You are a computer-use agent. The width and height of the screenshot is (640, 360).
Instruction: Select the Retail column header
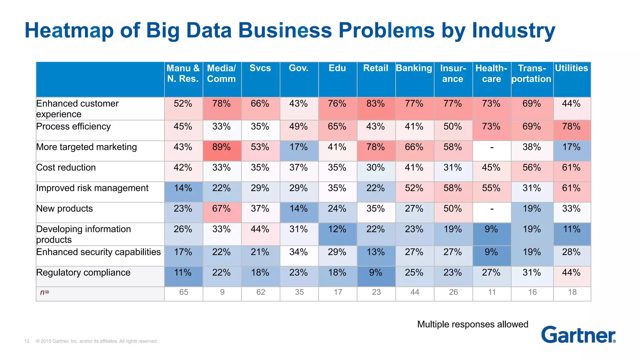pyautogui.click(x=376, y=68)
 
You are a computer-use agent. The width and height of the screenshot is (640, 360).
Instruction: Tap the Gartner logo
pyautogui.click(x=578, y=335)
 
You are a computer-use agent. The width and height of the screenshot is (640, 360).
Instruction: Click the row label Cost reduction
pyautogui.click(x=66, y=167)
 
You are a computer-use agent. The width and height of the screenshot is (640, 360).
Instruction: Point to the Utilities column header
pyautogui.click(x=571, y=68)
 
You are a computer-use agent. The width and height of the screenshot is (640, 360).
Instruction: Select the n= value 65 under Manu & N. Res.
pyautogui.click(x=184, y=292)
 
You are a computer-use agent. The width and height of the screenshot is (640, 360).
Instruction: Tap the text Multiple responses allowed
pyautogui.click(x=472, y=324)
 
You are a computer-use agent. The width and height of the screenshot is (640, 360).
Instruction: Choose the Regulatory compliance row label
pyautogui.click(x=83, y=272)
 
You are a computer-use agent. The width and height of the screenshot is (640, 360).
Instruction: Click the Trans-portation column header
pyautogui.click(x=532, y=73)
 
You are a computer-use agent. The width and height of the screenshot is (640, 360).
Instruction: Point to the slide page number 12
pyautogui.click(x=27, y=341)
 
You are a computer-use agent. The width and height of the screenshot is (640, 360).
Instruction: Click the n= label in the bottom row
pyautogui.click(x=45, y=292)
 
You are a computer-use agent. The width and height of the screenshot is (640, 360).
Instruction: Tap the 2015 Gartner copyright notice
pyautogui.click(x=97, y=341)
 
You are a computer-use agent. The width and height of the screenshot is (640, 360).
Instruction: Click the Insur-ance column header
pyautogui.click(x=453, y=73)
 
